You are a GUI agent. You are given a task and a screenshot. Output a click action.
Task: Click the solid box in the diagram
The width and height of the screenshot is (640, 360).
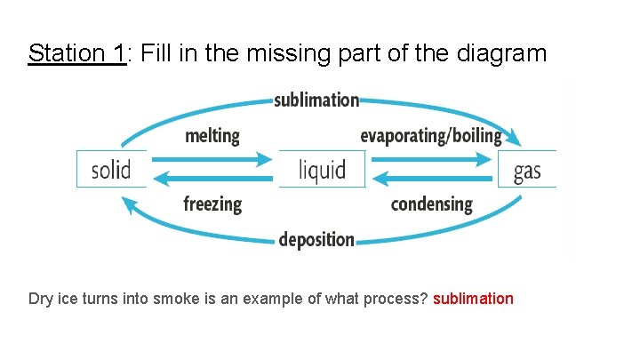point(111,169)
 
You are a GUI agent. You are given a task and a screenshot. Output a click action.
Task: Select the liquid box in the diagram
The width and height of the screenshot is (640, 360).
point(321,169)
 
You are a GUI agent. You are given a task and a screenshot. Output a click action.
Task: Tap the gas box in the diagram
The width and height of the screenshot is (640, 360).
point(527,169)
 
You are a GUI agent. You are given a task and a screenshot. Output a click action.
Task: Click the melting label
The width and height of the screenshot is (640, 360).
point(212,136)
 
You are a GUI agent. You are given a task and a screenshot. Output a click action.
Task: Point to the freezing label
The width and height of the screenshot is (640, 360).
point(212,204)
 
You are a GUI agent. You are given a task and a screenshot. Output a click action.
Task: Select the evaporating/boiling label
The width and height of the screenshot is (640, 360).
point(431,136)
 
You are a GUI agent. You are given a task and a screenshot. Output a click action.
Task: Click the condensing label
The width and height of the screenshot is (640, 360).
point(432,204)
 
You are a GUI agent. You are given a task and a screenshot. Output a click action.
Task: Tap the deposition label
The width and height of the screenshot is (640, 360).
point(316,239)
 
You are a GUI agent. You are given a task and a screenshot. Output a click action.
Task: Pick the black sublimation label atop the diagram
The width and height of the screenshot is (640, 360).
point(316,100)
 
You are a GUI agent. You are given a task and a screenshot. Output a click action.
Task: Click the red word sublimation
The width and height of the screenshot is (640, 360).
point(473,299)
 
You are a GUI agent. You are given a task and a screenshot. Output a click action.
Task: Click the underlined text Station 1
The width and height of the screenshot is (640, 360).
point(77,53)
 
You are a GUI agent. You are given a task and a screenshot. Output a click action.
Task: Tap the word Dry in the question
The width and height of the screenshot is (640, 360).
point(41,299)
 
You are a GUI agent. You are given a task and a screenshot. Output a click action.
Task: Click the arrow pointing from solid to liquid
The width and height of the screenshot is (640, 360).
point(212,160)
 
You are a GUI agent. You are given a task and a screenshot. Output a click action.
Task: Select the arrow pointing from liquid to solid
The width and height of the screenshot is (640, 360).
point(212,179)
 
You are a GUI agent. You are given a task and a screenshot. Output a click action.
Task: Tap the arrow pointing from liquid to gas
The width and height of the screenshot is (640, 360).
point(432,160)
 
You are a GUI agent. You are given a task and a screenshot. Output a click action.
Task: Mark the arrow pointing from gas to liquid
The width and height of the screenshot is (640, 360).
point(432,179)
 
